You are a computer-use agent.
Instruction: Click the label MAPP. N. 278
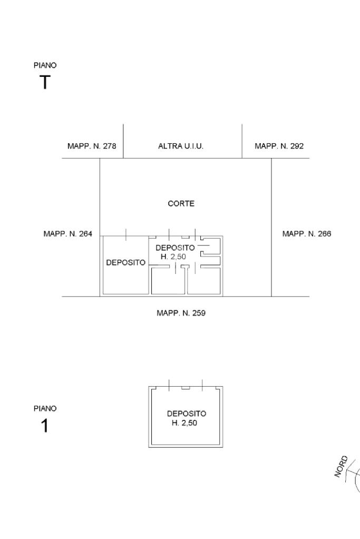pyautogui.click(x=92, y=146)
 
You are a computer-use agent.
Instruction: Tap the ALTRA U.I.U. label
pyautogui.click(x=181, y=146)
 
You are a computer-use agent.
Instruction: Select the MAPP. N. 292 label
pyautogui.click(x=279, y=146)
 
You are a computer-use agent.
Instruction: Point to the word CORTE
pyautogui.click(x=181, y=203)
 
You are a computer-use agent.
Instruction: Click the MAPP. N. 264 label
pyautogui.click(x=68, y=234)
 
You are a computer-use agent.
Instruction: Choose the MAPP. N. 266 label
pyautogui.click(x=307, y=234)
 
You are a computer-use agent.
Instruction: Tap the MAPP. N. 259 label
pyautogui.click(x=181, y=313)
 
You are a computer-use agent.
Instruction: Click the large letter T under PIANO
pyautogui.click(x=45, y=83)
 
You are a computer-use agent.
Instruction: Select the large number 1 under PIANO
pyautogui.click(x=45, y=426)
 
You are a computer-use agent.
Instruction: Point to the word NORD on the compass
pyautogui.click(x=341, y=466)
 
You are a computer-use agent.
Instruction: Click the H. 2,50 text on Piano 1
pyautogui.click(x=184, y=423)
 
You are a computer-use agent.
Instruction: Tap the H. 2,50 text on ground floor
pyautogui.click(x=173, y=257)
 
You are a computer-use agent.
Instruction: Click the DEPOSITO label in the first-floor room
pyautogui.click(x=187, y=414)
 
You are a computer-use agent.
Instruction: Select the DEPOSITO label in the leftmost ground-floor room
pyautogui.click(x=126, y=262)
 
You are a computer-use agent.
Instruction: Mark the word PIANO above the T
pyautogui.click(x=45, y=65)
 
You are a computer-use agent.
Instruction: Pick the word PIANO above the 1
pyautogui.click(x=45, y=409)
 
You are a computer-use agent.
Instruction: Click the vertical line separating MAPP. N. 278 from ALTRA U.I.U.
pyautogui.click(x=123, y=141)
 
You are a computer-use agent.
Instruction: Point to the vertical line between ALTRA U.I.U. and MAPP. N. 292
pyautogui.click(x=242, y=141)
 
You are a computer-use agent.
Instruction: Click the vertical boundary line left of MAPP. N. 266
pyautogui.click(x=271, y=227)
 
